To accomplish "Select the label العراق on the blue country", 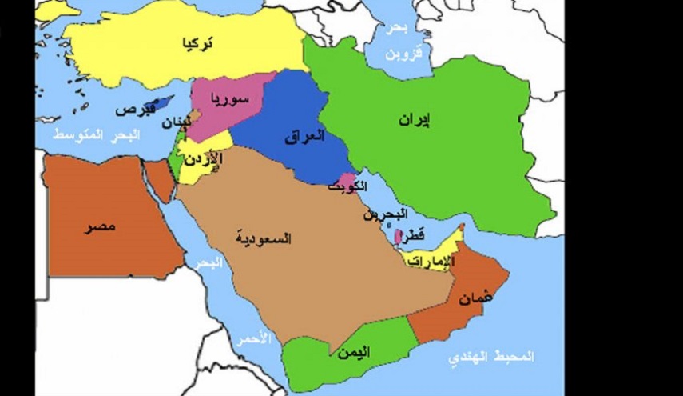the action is (x=304, y=137).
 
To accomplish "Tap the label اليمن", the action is (x=352, y=351).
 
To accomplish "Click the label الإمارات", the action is (x=430, y=261).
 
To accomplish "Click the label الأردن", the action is (x=204, y=160).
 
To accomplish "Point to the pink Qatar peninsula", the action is (x=399, y=238).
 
